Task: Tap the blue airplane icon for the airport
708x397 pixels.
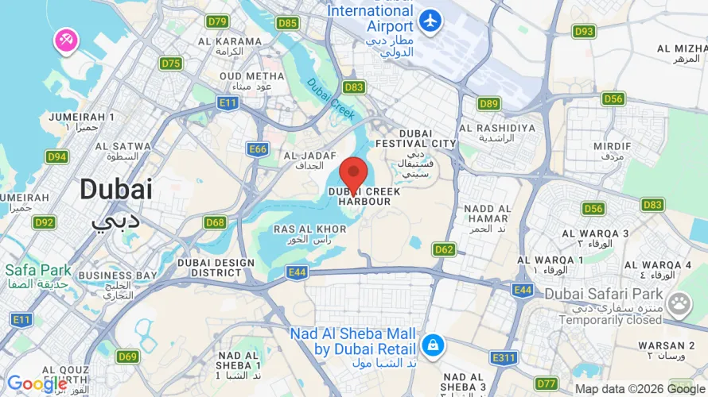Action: pyautogui.click(x=430, y=20)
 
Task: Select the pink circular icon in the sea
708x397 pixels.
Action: pyautogui.click(x=65, y=39)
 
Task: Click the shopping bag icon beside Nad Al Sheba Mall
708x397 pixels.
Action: pyautogui.click(x=433, y=345)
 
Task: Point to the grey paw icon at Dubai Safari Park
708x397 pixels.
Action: pyautogui.click(x=679, y=303)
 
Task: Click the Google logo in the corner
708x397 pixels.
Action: pyautogui.click(x=37, y=384)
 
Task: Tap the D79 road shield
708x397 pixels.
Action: pyautogui.click(x=217, y=21)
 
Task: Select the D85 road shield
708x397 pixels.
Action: pyautogui.click(x=288, y=23)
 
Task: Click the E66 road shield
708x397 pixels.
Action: pyautogui.click(x=258, y=148)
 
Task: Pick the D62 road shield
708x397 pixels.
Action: pyautogui.click(x=444, y=250)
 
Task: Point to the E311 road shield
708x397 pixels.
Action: pyautogui.click(x=504, y=358)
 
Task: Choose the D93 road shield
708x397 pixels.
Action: pyautogui.click(x=585, y=31)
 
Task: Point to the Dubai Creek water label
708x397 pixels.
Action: pyautogui.click(x=331, y=99)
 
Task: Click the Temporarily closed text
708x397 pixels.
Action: pyautogui.click(x=610, y=320)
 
